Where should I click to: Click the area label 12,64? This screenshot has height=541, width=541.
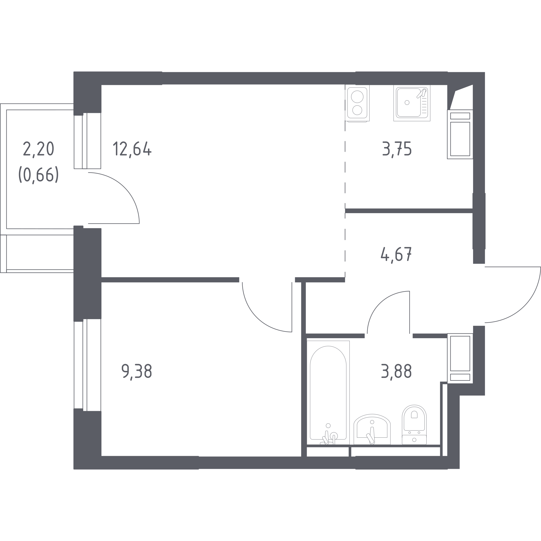pyautogui.click(x=132, y=149)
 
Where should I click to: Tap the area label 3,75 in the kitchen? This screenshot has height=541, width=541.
pyautogui.click(x=397, y=149)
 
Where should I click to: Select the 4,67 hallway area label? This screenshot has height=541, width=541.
pyautogui.click(x=396, y=254)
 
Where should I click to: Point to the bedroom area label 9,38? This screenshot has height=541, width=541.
pyautogui.click(x=137, y=371)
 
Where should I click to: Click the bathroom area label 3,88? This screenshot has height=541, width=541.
pyautogui.click(x=396, y=371)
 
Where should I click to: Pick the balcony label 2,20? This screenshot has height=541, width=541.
pyautogui.click(x=38, y=149)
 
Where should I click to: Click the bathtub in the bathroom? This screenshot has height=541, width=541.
pyautogui.click(x=328, y=392)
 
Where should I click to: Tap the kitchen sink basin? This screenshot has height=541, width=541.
pyautogui.click(x=409, y=103)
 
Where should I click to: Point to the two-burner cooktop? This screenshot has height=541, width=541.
pyautogui.click(x=357, y=103)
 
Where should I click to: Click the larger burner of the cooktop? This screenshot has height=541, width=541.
pyautogui.click(x=357, y=97)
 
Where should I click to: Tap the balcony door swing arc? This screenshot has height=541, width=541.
pyautogui.click(x=124, y=188)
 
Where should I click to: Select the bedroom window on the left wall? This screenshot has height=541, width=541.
pyautogui.click(x=87, y=365)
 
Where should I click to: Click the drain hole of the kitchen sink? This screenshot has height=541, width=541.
pyautogui.click(x=407, y=103)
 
